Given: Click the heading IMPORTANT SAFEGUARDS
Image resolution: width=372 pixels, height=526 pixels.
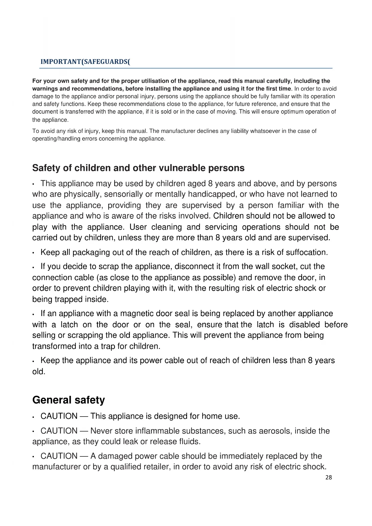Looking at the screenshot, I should (x=85, y=62).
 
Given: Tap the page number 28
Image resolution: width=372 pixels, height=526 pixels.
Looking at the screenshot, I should (x=329, y=477).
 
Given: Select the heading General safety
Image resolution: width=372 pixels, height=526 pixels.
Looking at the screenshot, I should (x=69, y=400).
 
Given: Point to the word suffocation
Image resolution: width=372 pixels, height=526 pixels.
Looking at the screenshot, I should (x=307, y=252).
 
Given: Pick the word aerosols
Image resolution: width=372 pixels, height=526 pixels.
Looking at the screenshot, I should (x=275, y=431).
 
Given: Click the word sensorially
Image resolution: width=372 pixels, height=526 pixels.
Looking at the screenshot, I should (x=124, y=194).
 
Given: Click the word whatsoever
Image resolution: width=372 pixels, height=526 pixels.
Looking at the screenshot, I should (x=265, y=131).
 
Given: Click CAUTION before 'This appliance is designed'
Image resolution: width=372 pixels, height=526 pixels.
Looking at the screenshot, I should (x=59, y=416).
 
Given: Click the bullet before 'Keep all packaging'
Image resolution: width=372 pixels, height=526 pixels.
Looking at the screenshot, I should (x=34, y=253).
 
